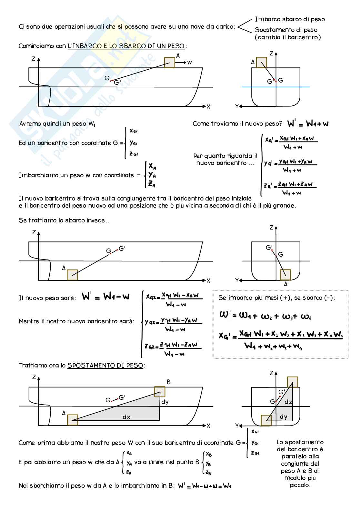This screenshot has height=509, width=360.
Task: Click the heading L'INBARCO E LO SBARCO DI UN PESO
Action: (x=126, y=46)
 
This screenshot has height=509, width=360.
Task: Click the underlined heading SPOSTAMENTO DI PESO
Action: (x=105, y=366)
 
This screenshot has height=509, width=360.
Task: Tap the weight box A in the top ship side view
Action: (x=169, y=63)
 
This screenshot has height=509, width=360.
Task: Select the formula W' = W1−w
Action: (x=106, y=297)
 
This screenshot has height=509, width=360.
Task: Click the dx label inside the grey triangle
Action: (x=126, y=417)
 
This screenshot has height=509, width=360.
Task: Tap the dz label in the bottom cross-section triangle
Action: (x=288, y=402)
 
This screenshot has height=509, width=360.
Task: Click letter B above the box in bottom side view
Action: (x=168, y=382)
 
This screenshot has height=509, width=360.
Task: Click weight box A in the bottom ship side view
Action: (x=73, y=420)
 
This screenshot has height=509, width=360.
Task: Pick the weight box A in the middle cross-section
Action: (x=285, y=275)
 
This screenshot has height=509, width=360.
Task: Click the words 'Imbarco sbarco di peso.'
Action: (x=291, y=19)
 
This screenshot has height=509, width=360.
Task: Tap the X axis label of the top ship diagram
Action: (x=208, y=107)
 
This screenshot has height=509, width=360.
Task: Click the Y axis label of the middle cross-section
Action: (x=237, y=280)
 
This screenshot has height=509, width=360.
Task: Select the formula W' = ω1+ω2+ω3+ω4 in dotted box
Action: (x=265, y=316)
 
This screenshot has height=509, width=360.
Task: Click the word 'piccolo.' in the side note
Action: (x=300, y=485)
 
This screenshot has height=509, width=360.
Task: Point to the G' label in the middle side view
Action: (x=122, y=249)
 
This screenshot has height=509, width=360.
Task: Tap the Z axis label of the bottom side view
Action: (x=34, y=377)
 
